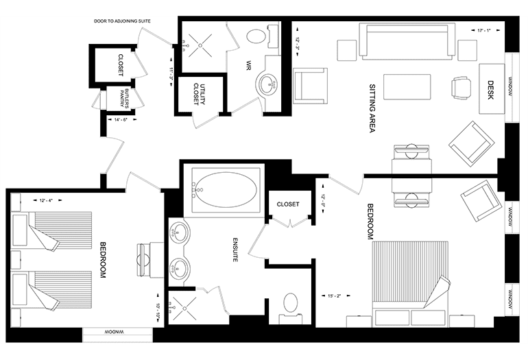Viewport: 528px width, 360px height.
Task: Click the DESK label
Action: point(490,91)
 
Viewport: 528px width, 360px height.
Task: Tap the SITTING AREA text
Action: point(372,108)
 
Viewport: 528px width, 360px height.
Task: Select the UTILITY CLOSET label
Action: point(199,94)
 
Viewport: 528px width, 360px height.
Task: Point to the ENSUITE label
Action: point(236,250)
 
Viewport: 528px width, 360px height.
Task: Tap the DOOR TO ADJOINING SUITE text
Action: point(122,21)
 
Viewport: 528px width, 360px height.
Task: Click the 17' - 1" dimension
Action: point(484,30)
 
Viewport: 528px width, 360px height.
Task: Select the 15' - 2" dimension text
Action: point(335,296)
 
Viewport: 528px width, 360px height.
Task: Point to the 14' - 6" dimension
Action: point(121,119)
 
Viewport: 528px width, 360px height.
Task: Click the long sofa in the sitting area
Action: point(407,41)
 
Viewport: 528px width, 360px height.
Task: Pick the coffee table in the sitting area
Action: point(407,87)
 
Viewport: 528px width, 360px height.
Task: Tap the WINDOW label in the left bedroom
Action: point(117,333)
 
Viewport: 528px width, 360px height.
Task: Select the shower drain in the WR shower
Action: point(200,45)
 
